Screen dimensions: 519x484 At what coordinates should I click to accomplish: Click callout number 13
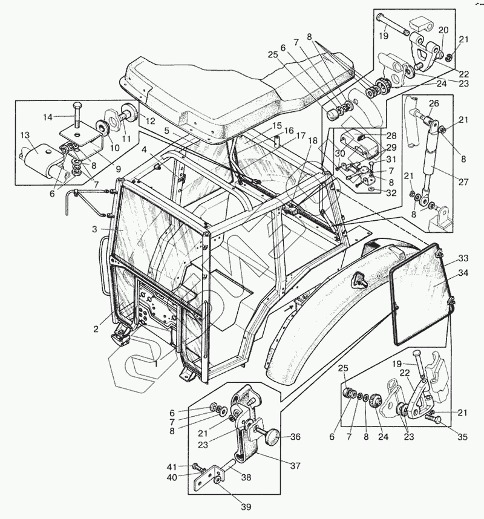[x=25, y=135]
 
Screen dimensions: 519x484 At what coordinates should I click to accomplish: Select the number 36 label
[x=295, y=436]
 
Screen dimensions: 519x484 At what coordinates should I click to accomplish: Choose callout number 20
[x=443, y=30]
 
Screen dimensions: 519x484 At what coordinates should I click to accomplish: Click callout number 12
[x=149, y=120]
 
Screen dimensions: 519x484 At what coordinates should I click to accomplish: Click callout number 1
[x=155, y=364]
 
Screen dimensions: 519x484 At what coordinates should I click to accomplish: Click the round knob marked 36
[x=272, y=435]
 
